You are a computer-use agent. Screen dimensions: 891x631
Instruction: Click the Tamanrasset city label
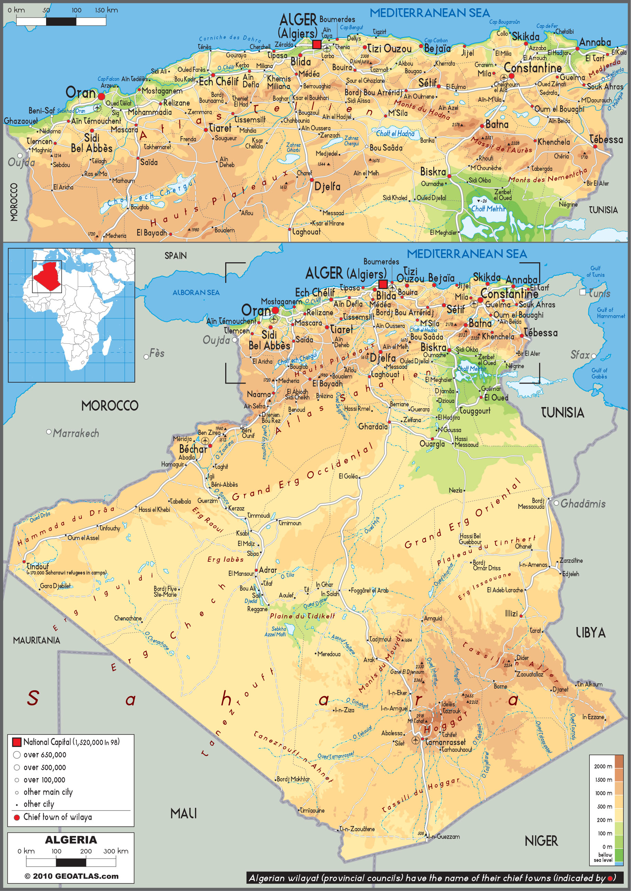point(445,742)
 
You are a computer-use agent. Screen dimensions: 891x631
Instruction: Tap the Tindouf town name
point(38,566)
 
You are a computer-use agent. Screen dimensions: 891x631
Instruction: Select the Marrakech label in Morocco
point(76,433)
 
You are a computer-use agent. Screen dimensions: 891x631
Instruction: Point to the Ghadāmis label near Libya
point(583,504)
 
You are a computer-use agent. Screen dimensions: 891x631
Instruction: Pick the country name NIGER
point(541,841)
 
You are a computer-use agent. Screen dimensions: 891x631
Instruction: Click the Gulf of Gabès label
point(599,373)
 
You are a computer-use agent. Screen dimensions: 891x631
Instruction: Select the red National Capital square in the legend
point(17,742)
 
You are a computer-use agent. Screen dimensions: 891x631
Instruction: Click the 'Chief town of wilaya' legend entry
point(57,817)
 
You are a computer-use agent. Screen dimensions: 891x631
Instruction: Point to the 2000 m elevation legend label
point(603,766)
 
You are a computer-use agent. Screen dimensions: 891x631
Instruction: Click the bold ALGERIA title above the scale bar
point(71,840)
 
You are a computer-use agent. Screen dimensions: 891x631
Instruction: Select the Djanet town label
point(560,690)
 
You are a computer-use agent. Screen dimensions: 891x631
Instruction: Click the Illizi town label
point(511,614)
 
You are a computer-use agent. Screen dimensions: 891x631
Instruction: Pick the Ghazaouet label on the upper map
point(21,121)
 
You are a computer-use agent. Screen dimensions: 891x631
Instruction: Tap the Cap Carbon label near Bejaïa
point(436,41)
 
